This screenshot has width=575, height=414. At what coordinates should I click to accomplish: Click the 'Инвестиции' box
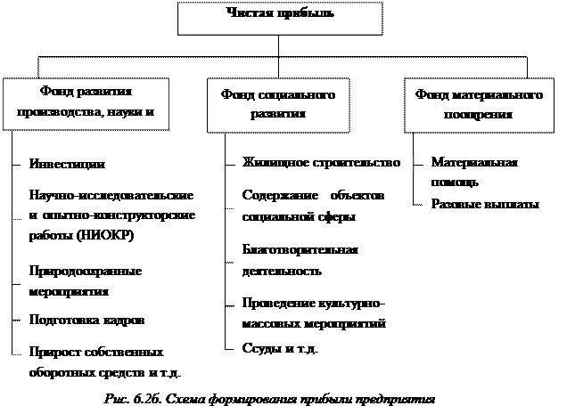[x=89, y=165]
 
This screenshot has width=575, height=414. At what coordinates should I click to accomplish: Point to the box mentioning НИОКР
[x=111, y=215]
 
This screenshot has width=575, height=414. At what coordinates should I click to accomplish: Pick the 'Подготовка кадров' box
[x=98, y=320]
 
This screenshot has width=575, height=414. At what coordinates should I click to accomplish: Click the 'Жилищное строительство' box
[x=326, y=163]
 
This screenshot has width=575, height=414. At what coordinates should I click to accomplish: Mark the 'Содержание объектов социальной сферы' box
[x=313, y=206]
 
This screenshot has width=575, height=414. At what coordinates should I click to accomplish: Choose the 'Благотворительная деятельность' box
[x=313, y=261]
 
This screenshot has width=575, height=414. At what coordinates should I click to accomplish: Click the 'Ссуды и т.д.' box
[x=313, y=348]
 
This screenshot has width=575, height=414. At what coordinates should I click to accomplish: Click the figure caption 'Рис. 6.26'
[x=268, y=398]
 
